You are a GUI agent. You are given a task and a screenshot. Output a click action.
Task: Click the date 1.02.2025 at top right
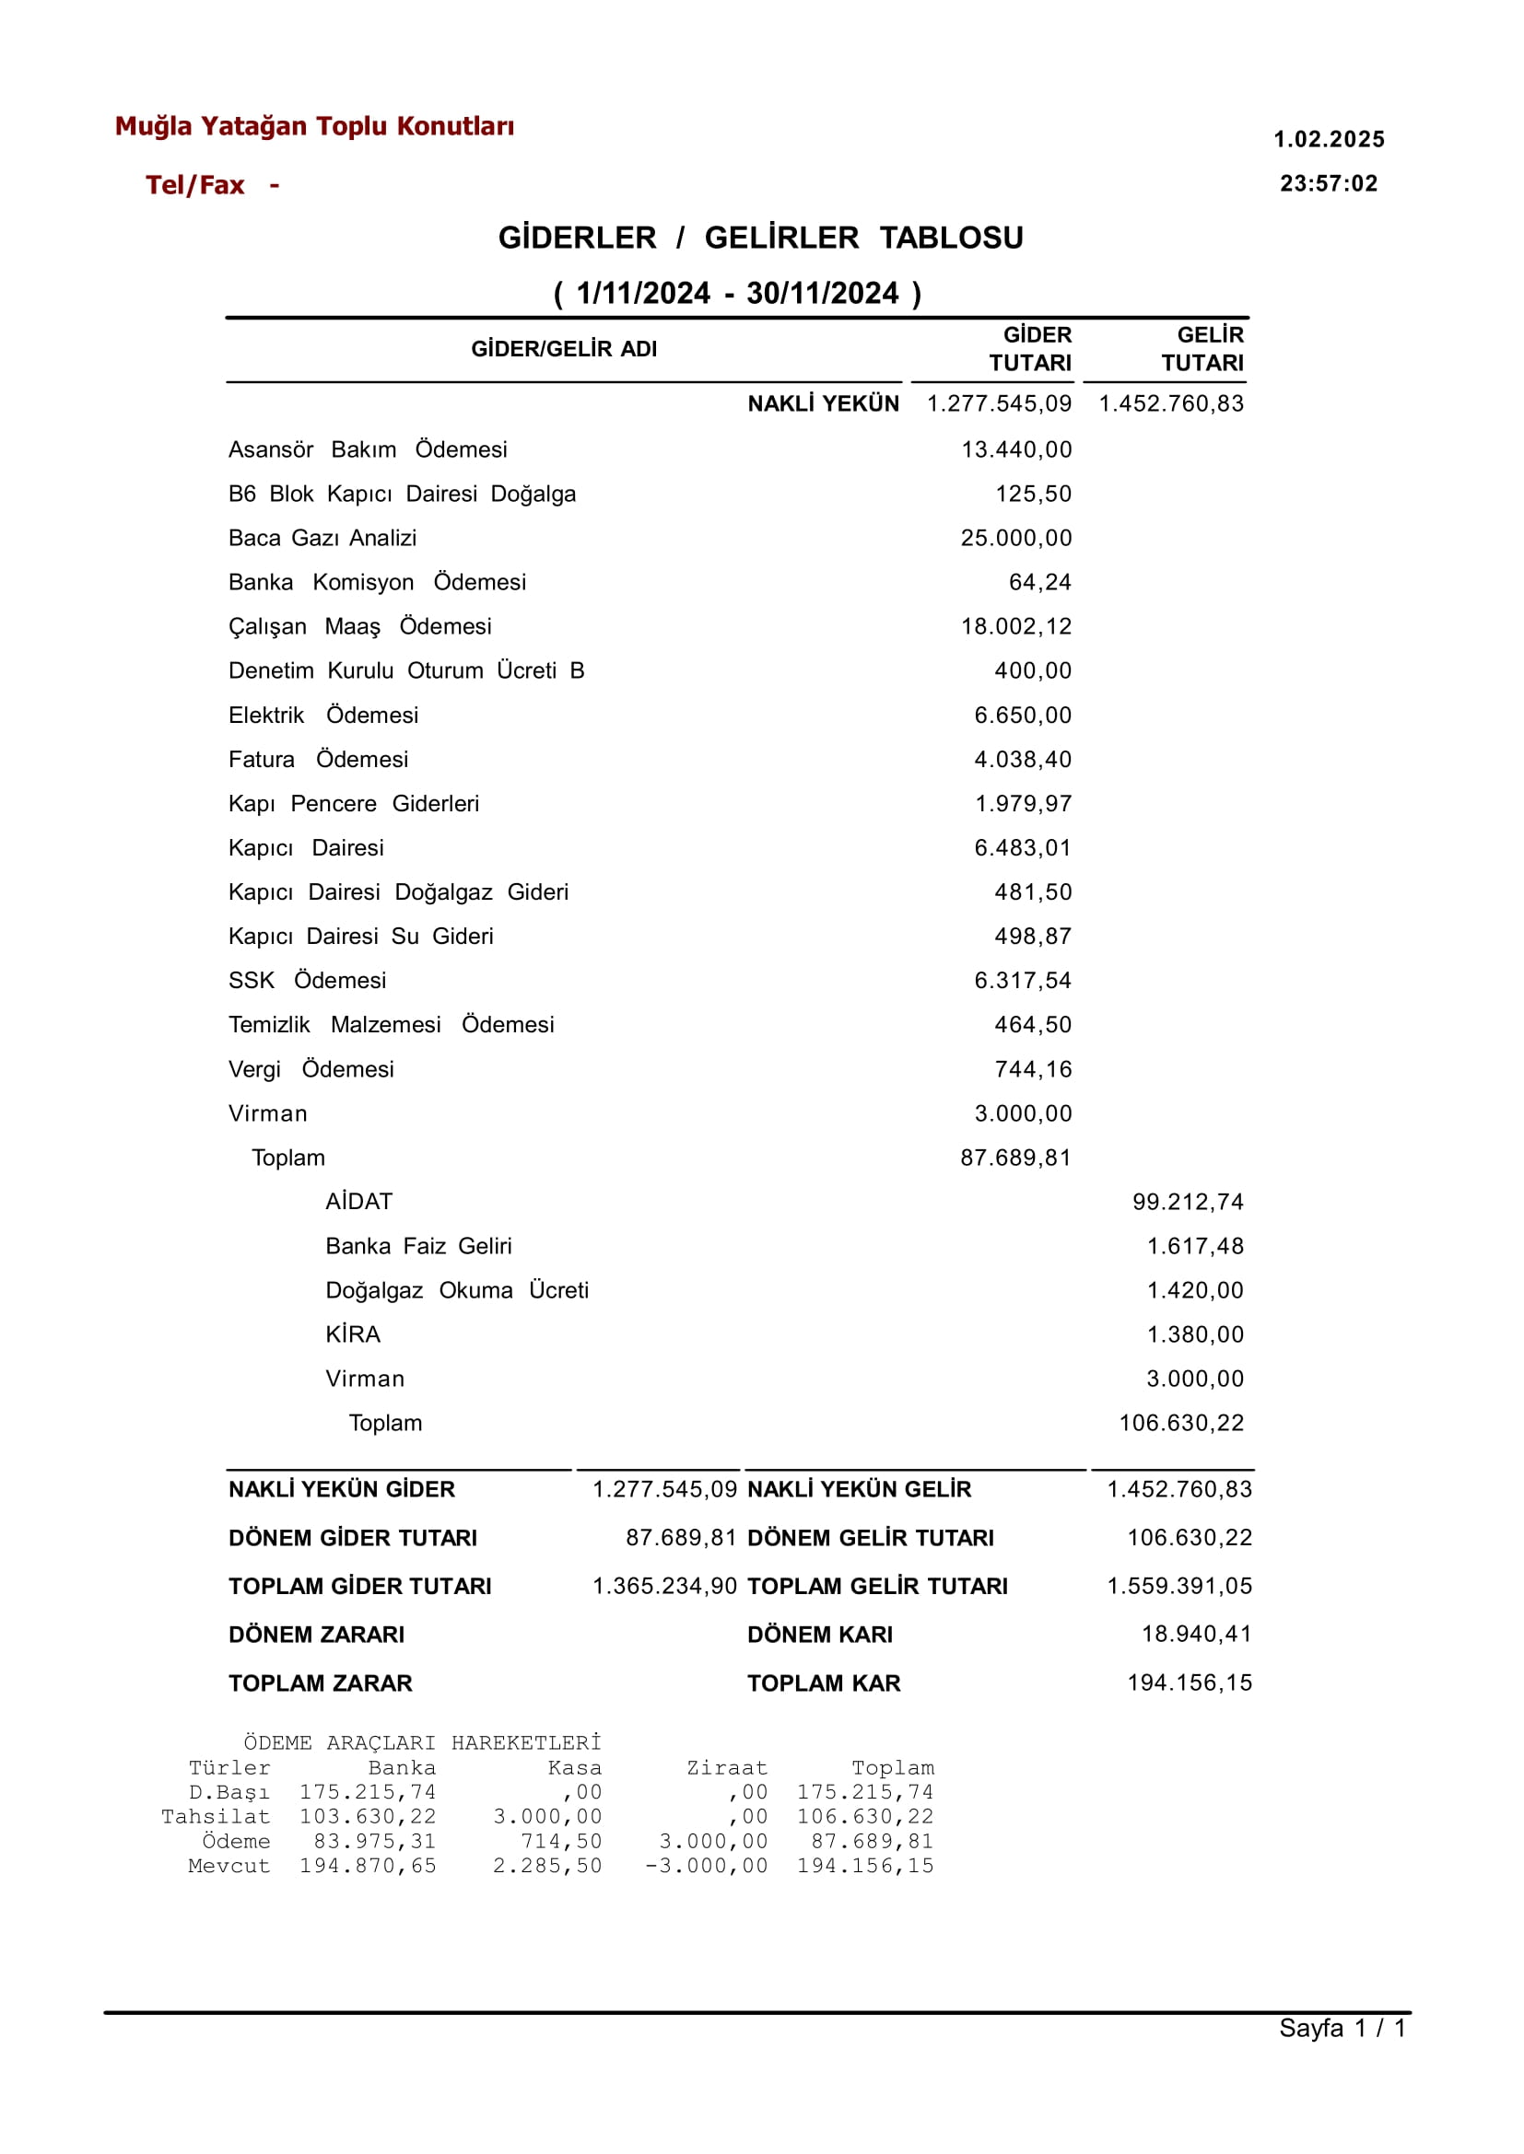pos(1328,140)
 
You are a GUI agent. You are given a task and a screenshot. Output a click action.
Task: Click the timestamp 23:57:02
pos(1328,184)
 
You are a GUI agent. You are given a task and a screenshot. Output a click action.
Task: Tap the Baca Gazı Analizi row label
pos(322,539)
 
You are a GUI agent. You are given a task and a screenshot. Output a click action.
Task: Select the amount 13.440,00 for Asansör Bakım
pos(1015,450)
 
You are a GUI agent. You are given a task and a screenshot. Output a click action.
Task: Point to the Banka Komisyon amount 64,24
pos(1038,583)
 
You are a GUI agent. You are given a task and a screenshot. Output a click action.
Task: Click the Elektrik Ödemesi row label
pos(322,716)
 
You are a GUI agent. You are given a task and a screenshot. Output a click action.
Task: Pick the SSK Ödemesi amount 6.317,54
pos(1022,982)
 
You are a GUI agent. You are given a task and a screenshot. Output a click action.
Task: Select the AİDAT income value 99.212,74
pos(1187,1203)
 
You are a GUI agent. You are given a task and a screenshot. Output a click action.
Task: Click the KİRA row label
pos(353,1335)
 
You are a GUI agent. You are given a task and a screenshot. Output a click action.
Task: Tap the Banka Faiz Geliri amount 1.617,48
pos(1195,1247)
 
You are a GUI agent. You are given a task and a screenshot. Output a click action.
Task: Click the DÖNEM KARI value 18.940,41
pos(1197,1635)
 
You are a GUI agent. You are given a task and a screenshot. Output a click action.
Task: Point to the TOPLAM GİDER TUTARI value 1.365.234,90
pos(664,1587)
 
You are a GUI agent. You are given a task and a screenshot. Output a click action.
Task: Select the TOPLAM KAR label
pos(823,1684)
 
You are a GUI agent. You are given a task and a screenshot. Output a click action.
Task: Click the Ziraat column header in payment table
pos(726,1768)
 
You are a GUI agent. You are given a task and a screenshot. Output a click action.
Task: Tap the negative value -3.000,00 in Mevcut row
pos(706,1866)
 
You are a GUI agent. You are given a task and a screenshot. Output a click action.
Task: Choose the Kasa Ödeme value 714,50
pos(561,1842)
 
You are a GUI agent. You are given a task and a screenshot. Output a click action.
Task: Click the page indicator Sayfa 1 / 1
pos(1342,2028)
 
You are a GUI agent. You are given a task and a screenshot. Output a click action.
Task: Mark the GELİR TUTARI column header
pos(1203,349)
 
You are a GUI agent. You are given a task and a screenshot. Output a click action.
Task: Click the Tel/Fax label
pos(195,186)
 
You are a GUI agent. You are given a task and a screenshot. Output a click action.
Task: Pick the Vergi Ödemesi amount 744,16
pos(1032,1069)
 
